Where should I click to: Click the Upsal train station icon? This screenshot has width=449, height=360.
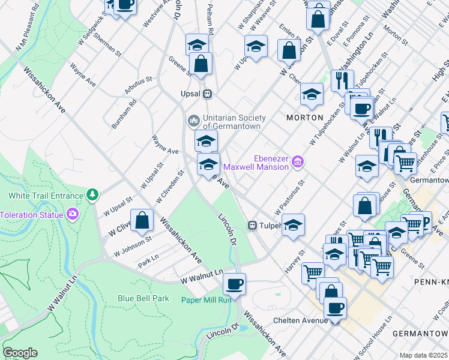[x=207, y=94]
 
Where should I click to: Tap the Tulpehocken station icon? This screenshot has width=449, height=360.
[x=253, y=226]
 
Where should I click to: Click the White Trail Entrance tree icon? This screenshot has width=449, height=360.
[x=92, y=194]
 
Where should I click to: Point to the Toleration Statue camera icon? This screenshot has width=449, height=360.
[x=73, y=214]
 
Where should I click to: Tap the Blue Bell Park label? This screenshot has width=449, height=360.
[x=143, y=298]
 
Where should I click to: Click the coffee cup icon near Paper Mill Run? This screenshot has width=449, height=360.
[x=234, y=284]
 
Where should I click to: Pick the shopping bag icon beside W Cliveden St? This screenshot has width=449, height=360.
[x=142, y=220]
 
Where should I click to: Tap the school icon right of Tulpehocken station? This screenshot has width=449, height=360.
[x=292, y=226]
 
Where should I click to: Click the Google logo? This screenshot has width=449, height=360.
[x=20, y=353]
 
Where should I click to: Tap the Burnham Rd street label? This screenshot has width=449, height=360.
[x=124, y=114]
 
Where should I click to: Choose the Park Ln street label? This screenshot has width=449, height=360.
[x=148, y=262]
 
